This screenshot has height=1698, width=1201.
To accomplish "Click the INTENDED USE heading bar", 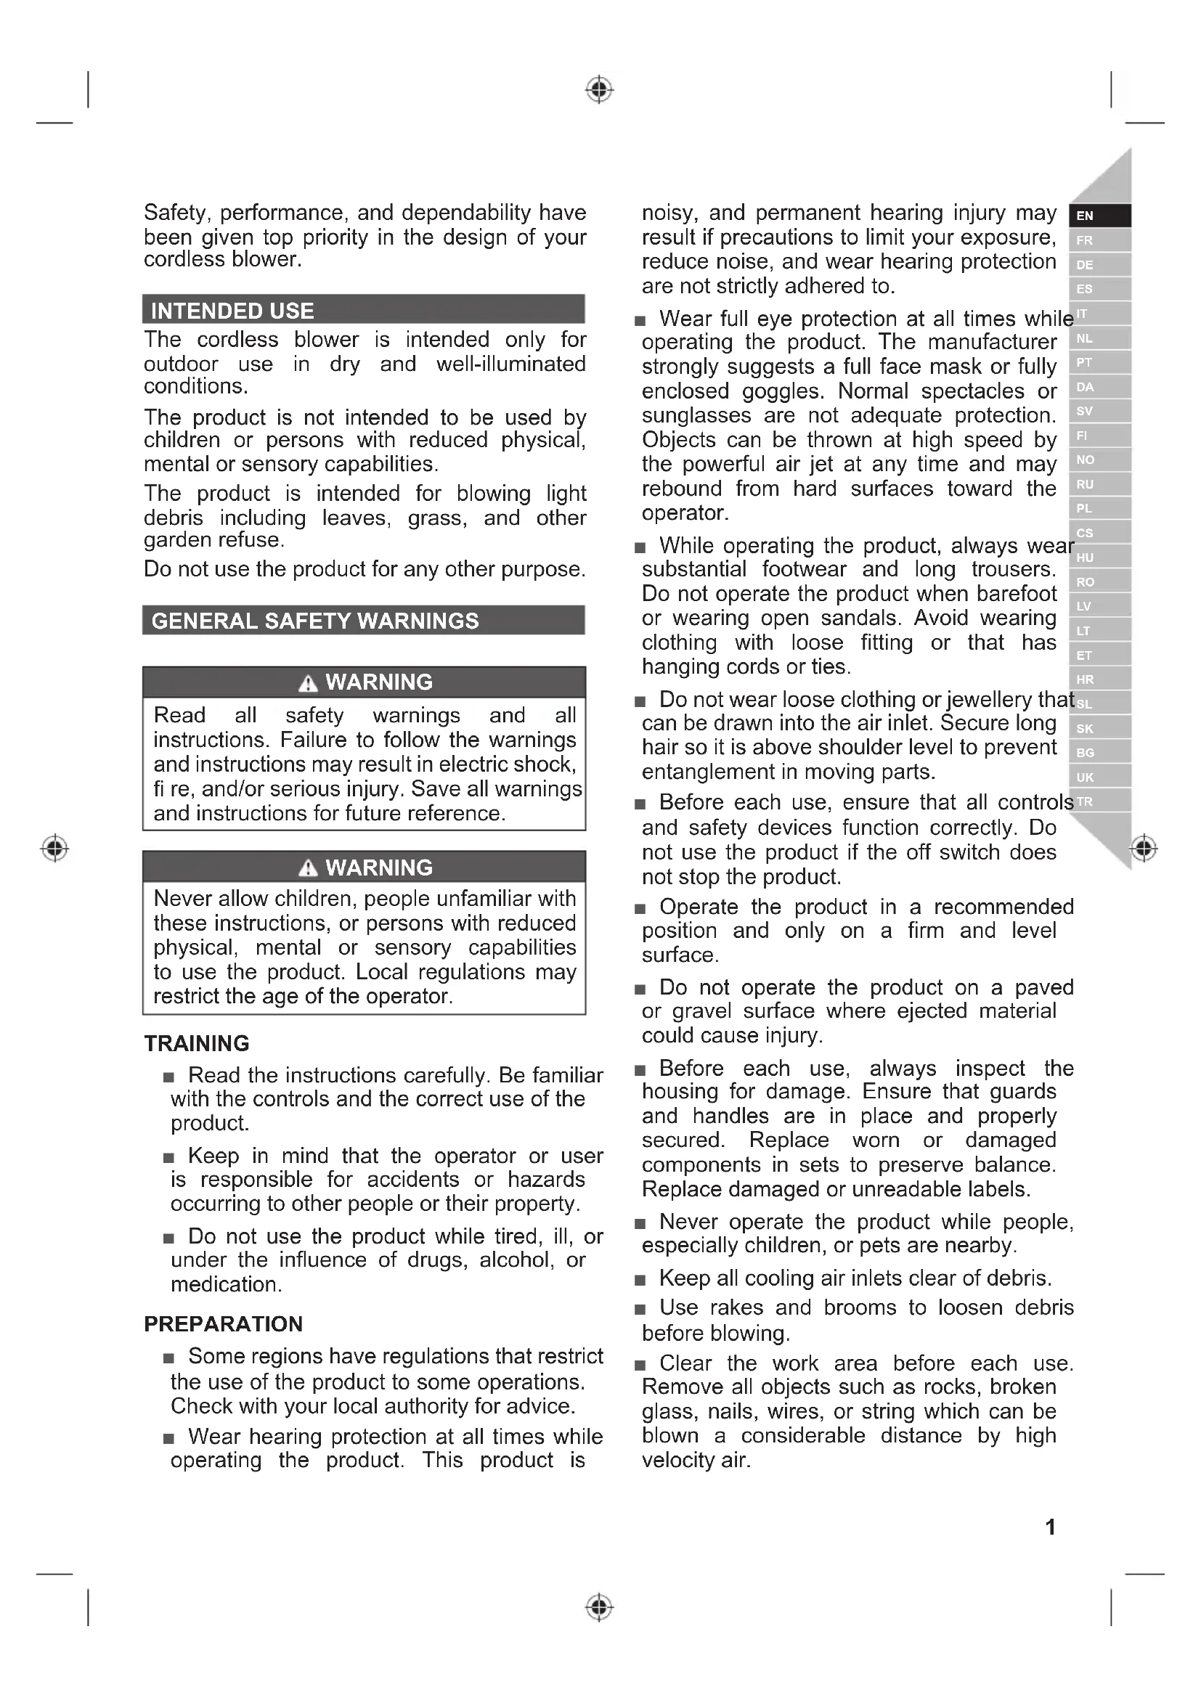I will (x=363, y=310).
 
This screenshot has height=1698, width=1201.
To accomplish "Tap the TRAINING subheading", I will (x=197, y=1043).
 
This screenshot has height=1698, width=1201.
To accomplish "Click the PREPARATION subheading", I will (x=224, y=1324).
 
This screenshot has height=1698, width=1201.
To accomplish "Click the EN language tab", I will (x=1099, y=216).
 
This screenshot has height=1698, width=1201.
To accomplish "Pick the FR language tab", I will (x=1099, y=240).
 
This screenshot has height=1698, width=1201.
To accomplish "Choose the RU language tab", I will (x=1099, y=484).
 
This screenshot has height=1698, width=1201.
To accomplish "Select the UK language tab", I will (x=1099, y=777).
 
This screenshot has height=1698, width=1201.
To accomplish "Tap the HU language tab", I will (x=1099, y=558).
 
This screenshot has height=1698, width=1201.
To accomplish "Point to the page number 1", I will (x=1050, y=1527).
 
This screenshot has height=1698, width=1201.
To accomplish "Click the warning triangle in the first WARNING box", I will (x=308, y=683).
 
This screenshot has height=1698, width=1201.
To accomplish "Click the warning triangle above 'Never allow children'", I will (x=308, y=868).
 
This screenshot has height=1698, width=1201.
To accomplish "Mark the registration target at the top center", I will (x=599, y=89).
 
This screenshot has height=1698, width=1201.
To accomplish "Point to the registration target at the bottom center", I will (x=599, y=1607).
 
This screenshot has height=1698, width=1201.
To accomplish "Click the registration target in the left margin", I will (x=54, y=847).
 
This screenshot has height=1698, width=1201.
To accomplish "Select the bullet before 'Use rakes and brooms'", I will (x=640, y=1310).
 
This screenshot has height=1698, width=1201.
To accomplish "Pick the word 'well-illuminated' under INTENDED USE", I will (x=510, y=364).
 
